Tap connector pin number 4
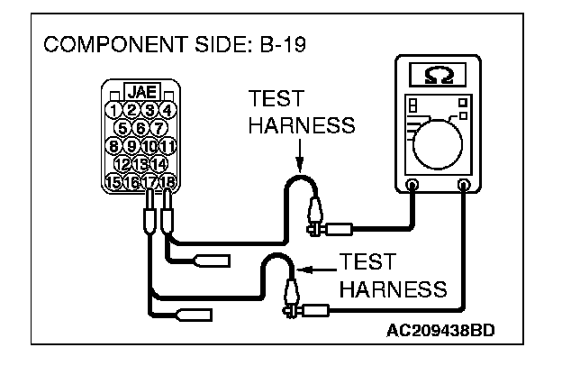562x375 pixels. pos(167,111)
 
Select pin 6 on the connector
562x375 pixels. pos(140,128)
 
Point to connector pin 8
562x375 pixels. pos(113,146)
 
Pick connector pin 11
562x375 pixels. pos(167,146)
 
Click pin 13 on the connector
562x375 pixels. pos(140,163)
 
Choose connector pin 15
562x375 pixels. pos(113,181)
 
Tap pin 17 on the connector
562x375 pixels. pos(150,181)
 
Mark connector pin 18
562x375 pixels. pos(167,181)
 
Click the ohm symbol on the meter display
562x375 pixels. pos(435,74)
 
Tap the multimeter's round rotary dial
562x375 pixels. pos(439,136)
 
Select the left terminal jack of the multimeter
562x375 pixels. pos(412,187)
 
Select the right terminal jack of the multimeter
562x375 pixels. pos(465,187)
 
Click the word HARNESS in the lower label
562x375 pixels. pos(394,290)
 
